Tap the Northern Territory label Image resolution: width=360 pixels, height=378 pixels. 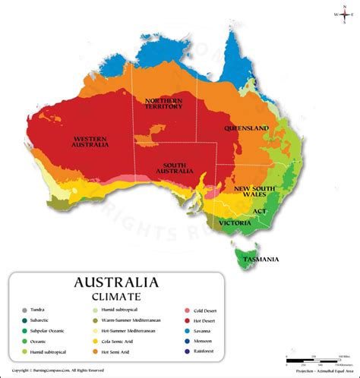[164, 103]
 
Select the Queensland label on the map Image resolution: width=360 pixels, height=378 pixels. [245, 129]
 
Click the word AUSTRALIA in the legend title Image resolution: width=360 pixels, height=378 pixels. [116, 282]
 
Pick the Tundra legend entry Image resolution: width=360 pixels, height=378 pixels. [38, 310]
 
